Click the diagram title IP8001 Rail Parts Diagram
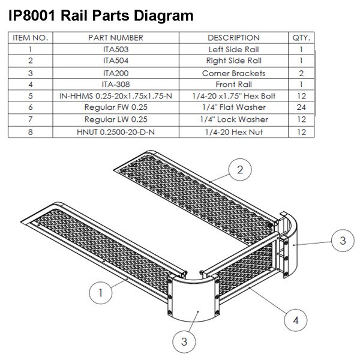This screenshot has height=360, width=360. [x=101, y=15]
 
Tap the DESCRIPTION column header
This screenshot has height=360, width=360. [x=234, y=37]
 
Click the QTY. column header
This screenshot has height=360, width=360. [x=301, y=37]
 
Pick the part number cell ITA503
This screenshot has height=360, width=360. [x=116, y=49]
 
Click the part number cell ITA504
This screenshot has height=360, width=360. [x=116, y=61]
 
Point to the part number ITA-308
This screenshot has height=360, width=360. [x=116, y=84]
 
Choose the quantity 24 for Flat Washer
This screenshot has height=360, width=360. [x=301, y=107]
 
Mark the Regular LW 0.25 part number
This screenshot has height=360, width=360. [x=116, y=119]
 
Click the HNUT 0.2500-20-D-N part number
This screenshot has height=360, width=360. [x=116, y=131]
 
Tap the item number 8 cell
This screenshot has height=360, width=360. [x=29, y=131]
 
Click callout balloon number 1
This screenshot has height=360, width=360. [x=101, y=293]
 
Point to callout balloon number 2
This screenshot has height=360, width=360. [x=240, y=170]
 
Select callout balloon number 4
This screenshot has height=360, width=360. [x=295, y=320]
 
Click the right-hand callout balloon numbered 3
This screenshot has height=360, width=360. [x=343, y=241]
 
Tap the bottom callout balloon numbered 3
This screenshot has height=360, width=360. [x=184, y=341]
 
